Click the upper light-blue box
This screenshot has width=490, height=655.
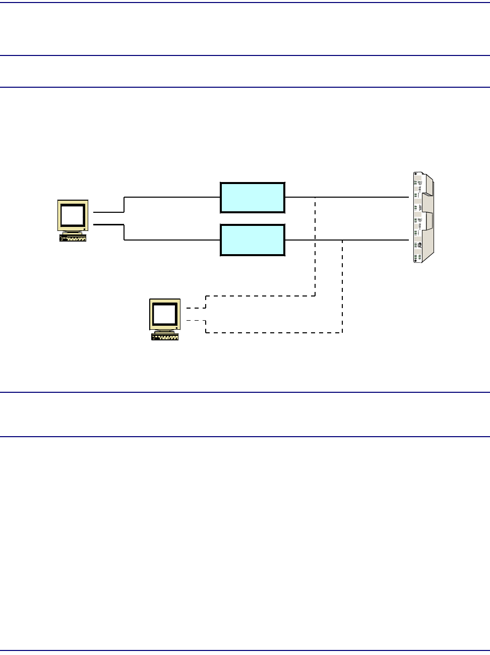tap(253, 198)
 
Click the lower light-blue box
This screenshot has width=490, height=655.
tap(253, 241)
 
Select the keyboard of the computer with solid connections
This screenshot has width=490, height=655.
tap(73, 237)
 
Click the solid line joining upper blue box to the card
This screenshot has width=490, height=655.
tap(363, 197)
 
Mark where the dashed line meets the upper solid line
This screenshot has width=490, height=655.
tap(316, 197)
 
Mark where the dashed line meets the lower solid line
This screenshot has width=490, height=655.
tap(343, 241)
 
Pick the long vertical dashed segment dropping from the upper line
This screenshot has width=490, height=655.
tap(316, 247)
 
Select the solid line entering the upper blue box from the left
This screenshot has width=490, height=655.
tap(171, 197)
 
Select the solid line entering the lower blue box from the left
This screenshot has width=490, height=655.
tap(171, 241)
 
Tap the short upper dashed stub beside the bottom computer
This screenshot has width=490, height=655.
tap(196, 308)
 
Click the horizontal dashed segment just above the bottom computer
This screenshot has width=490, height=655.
tap(260, 296)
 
